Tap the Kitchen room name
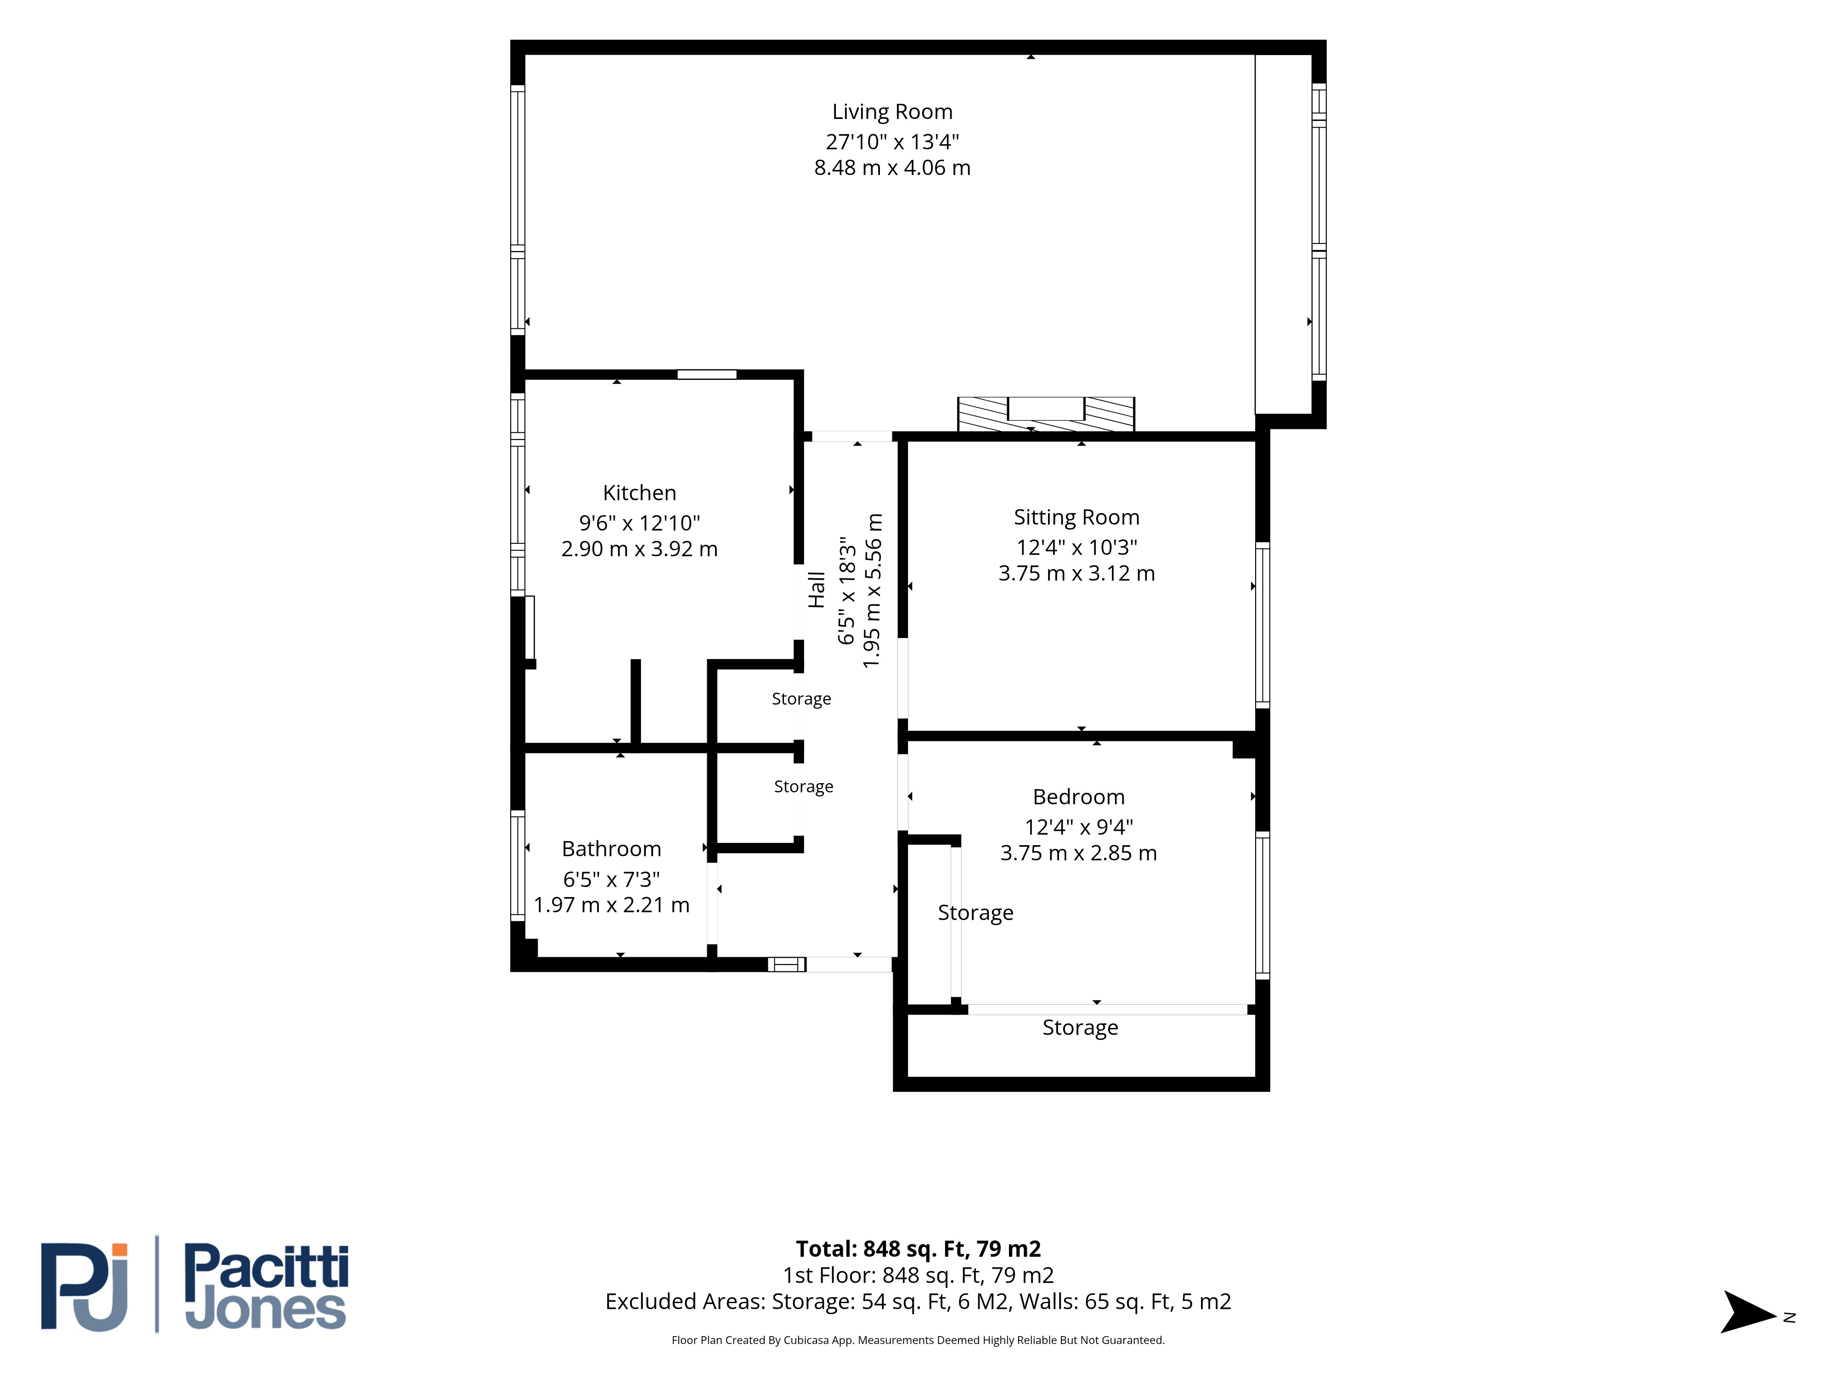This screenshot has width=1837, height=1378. tap(639, 492)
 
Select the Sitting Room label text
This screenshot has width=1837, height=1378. tap(1076, 518)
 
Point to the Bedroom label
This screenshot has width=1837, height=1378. tap(1079, 796)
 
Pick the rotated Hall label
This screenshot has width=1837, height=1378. tap(817, 590)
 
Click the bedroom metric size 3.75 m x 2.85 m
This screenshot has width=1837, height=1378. tap(1079, 853)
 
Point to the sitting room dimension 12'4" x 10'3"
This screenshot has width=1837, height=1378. tap(1076, 548)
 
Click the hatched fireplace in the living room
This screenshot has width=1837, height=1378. tap(1046, 414)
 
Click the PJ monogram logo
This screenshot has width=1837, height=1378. tap(85, 1287)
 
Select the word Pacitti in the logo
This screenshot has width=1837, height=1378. tap(266, 1267)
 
